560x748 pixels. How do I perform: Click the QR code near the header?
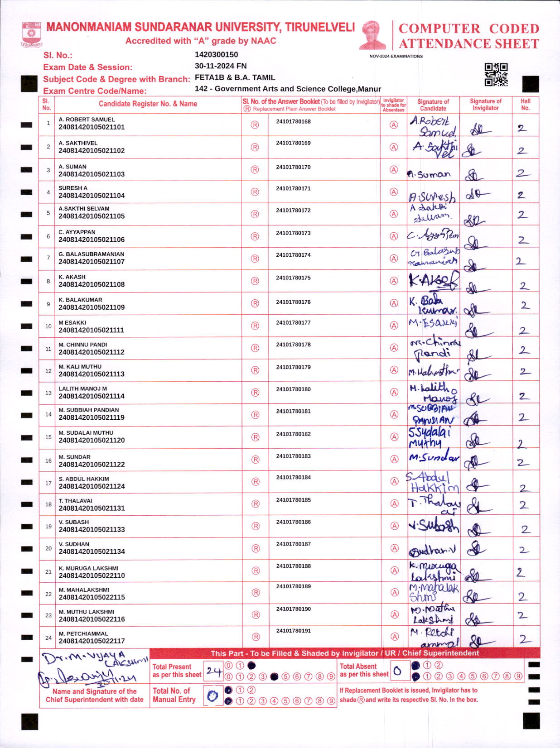click(496, 75)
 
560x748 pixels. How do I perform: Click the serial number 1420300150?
click(216, 55)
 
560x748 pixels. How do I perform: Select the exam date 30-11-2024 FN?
click(221, 66)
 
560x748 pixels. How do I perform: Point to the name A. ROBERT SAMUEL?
click(87, 120)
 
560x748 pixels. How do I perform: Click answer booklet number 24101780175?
click(293, 278)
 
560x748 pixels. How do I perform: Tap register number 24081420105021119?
click(92, 417)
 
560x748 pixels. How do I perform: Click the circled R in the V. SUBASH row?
click(256, 526)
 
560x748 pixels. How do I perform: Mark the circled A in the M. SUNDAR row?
click(394, 459)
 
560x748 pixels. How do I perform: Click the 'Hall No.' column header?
click(525, 105)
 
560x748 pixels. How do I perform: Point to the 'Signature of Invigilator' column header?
click(485, 105)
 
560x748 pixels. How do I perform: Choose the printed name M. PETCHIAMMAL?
click(83, 633)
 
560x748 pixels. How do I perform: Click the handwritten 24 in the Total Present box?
click(213, 671)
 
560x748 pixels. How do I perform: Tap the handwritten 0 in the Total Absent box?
click(397, 671)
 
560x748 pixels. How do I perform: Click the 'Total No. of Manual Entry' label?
click(174, 695)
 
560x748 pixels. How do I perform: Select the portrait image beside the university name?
click(372, 35)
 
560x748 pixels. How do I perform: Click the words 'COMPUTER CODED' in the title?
click(468, 29)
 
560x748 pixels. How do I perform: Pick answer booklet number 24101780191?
click(293, 631)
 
